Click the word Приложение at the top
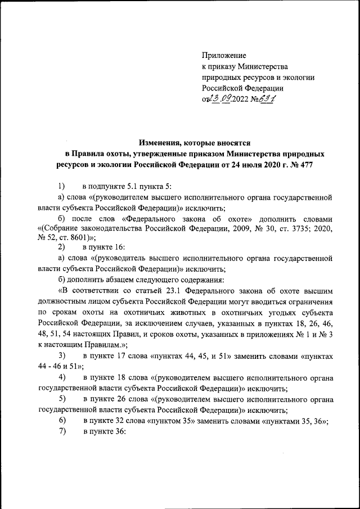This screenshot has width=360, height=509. tap(224, 55)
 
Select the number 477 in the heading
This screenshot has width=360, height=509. tap(304, 165)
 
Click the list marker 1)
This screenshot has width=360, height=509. tap(62, 186)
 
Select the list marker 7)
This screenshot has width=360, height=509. tap(62, 431)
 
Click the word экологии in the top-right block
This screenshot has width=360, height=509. tap(295, 77)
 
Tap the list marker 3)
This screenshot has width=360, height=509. tap(62, 356)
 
